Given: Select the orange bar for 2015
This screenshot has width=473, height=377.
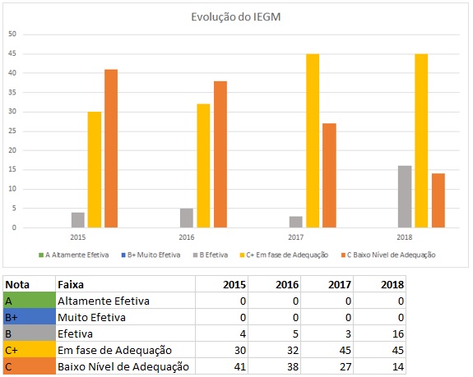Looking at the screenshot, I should [x=111, y=149].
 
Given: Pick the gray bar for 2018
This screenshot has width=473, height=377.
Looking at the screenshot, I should [x=405, y=197].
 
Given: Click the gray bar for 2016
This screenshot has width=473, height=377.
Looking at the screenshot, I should [x=187, y=218].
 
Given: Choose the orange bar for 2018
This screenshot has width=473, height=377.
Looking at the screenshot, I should [x=438, y=201].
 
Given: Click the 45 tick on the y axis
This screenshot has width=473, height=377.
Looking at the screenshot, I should [x=12, y=54].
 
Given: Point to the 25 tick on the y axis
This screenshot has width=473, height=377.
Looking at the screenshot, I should [x=12, y=131].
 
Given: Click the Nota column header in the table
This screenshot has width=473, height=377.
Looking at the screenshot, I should [x=18, y=284].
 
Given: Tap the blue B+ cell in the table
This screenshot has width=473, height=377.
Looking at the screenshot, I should [x=28, y=317].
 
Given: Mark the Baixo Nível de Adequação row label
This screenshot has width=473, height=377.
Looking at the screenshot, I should [x=123, y=366].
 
